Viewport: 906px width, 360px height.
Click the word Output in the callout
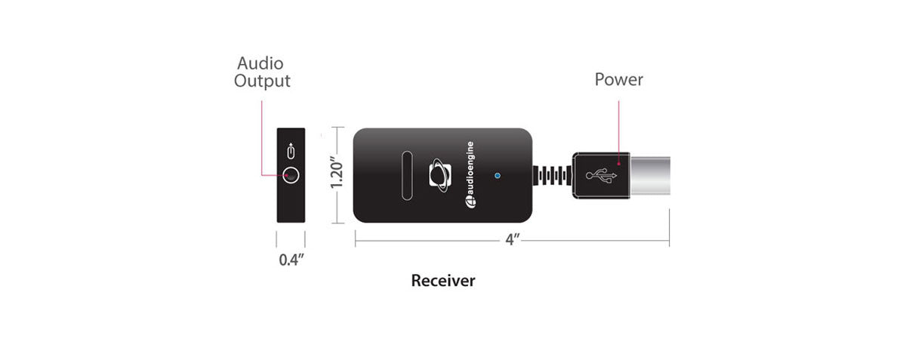262,81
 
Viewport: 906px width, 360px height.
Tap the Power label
619,79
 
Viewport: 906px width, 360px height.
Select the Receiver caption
443,281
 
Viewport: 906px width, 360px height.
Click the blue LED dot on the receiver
496,176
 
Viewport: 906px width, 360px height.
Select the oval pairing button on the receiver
406,175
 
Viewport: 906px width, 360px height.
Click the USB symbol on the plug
602,176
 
